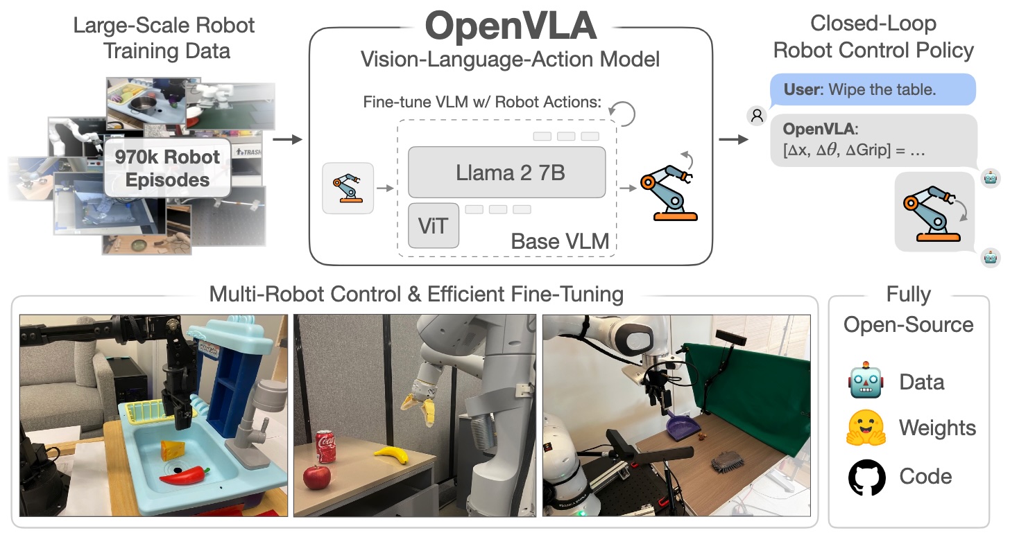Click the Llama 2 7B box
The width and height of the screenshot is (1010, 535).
pos(506,172)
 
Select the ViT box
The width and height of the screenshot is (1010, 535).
pos(434,226)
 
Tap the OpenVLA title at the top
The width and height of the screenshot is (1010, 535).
pos(511,26)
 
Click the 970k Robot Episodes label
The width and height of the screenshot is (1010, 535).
pos(167,168)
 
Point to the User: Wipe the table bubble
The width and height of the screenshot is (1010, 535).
pos(873,89)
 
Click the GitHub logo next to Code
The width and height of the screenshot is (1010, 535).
pos(866,477)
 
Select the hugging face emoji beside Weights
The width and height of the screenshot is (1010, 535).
pos(866,428)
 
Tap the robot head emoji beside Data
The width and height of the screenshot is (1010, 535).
pos(866,380)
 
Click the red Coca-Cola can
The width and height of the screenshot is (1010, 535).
pos(325,446)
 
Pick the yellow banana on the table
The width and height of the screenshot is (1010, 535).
pos(392,454)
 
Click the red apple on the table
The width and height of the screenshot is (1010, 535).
pos(316,477)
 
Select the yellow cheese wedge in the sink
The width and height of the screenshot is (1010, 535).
pos(173,450)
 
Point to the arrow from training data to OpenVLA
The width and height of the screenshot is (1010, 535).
pos(287,139)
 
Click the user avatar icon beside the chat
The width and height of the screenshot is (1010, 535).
pos(757,116)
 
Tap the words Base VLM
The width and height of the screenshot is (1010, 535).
pos(560,241)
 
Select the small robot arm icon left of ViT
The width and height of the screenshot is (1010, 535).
pos(348,188)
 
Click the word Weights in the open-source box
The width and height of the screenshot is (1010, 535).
pos(937,428)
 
